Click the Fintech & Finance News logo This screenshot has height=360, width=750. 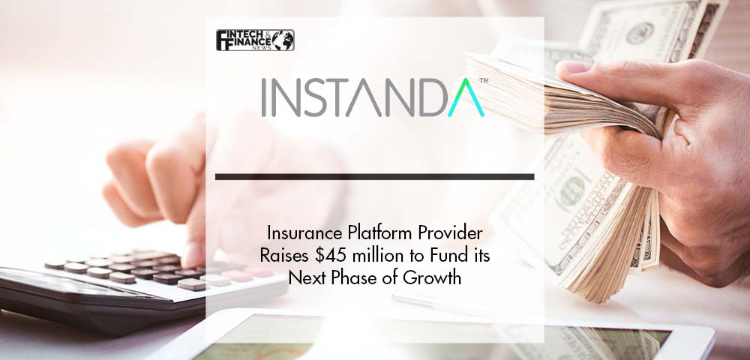(x=255, y=40)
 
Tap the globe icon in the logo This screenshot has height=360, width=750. (x=283, y=40)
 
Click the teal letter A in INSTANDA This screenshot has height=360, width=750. (x=466, y=97)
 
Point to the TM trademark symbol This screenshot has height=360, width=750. (x=484, y=81)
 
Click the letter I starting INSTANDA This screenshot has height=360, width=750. (x=264, y=97)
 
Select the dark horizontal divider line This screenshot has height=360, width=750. (x=374, y=177)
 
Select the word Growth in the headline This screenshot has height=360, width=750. (x=436, y=277)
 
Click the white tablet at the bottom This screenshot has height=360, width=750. (x=430, y=334)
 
